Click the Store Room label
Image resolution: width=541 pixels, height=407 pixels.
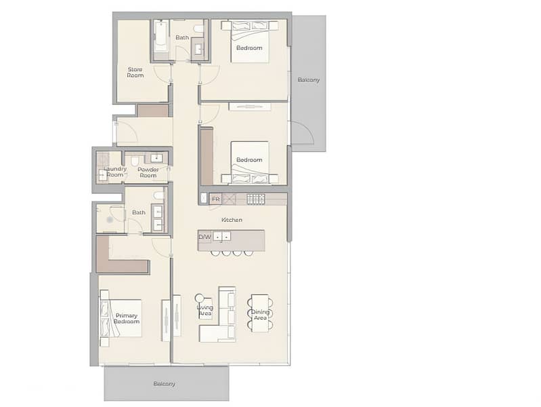(135, 73)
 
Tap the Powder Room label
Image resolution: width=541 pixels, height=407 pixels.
(148, 172)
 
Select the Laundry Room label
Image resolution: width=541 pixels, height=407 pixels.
(115, 172)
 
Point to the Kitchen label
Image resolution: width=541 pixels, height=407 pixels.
(232, 220)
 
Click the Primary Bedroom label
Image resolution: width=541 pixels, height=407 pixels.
(127, 318)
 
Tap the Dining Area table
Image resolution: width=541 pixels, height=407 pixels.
(260, 313)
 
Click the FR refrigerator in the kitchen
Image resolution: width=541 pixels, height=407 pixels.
(215, 199)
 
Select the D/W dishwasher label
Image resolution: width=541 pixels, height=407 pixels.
(204, 237)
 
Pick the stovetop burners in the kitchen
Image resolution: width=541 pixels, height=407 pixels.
(256, 199)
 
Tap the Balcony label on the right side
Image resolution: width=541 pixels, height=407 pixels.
(309, 79)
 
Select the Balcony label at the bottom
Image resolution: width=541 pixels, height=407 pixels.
(165, 383)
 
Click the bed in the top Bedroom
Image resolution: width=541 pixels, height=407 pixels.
(250, 42)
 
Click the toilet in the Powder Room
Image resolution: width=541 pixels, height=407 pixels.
(134, 160)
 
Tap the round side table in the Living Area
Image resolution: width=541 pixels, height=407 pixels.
(200, 298)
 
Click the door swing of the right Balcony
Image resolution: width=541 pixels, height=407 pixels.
(303, 132)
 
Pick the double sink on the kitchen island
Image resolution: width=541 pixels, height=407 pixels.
(221, 237)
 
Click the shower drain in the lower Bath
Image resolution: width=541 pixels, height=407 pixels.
(110, 220)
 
